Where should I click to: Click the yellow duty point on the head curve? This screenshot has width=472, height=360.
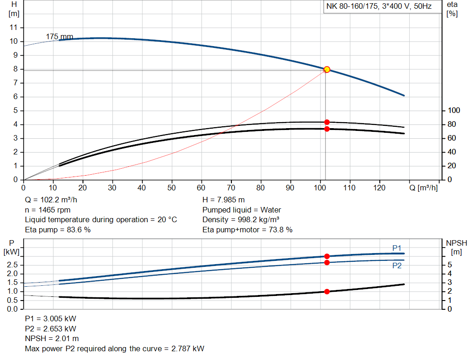[x=327, y=70]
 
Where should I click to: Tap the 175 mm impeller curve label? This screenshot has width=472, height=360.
[x=59, y=36]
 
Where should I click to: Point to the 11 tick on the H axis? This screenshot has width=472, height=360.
[x=14, y=28]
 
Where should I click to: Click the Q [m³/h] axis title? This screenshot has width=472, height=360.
[x=424, y=188]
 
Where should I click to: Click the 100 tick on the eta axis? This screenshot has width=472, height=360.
[x=454, y=111]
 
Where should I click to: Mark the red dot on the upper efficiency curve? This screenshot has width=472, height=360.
[x=327, y=122]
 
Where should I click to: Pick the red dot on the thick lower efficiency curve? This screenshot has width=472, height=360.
[x=327, y=129]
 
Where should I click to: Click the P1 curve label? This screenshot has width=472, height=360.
[x=397, y=248]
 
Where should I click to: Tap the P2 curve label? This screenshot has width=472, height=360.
[x=397, y=266]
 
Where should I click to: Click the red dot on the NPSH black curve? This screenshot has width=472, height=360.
[x=327, y=291]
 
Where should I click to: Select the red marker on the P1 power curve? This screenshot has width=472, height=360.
[x=327, y=256]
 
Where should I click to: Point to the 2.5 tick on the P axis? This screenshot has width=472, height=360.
[x=12, y=265]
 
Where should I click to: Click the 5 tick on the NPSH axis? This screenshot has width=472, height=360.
[x=450, y=265]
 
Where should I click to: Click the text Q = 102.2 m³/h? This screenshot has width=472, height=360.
[x=52, y=200]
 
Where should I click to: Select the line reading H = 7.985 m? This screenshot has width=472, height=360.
[x=224, y=200]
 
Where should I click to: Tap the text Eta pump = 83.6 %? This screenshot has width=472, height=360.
[x=58, y=230]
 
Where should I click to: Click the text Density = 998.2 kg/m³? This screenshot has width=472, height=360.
[x=241, y=220]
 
